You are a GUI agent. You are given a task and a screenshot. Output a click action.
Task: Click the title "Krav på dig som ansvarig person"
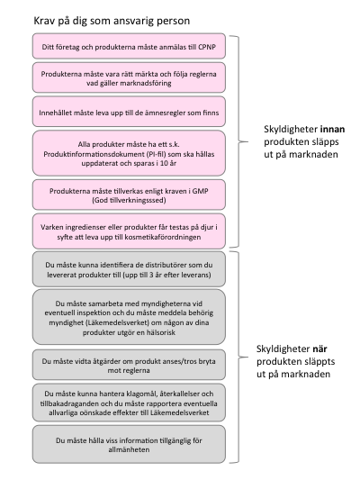(112, 21)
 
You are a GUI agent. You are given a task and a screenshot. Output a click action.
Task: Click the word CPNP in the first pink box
(207, 47)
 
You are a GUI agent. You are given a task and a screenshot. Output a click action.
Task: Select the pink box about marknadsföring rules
(129, 77)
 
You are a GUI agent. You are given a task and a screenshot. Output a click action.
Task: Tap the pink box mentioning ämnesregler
(129, 112)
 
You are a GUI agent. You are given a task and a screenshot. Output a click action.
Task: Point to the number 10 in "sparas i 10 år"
(164, 163)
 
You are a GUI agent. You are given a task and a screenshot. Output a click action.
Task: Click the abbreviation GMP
(201, 191)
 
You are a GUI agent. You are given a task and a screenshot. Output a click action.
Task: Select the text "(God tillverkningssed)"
(129, 201)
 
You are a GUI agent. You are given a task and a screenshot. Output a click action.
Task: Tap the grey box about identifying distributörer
(129, 269)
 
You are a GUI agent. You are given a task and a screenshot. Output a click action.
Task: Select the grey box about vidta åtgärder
(129, 365)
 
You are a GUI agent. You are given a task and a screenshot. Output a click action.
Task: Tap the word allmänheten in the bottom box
(129, 450)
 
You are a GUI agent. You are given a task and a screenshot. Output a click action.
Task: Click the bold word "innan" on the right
(332, 129)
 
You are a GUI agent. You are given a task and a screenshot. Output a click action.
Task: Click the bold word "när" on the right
(319, 349)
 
